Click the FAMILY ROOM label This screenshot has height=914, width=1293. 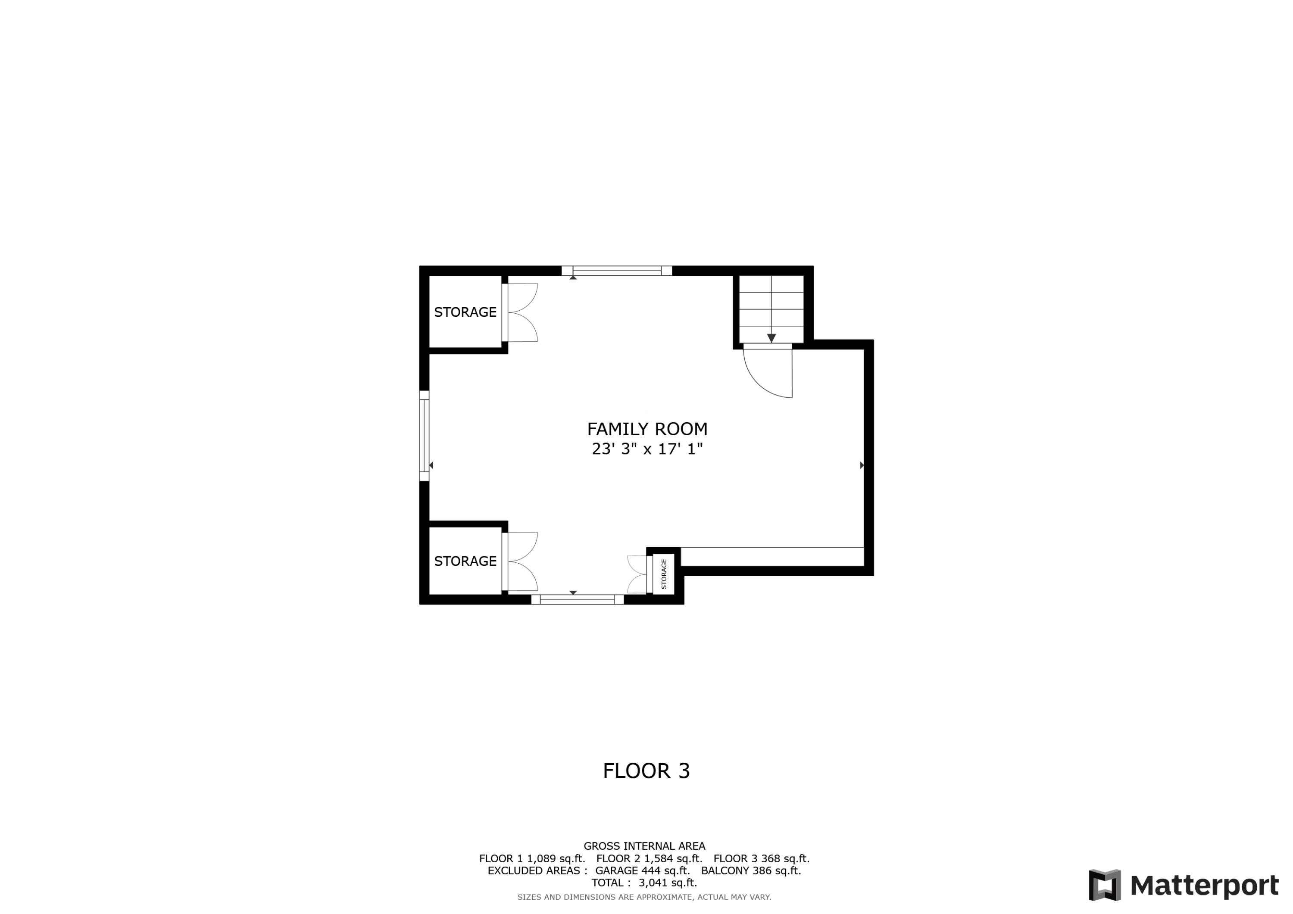647,429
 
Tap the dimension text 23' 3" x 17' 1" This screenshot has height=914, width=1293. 647,449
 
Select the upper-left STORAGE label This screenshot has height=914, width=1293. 465,312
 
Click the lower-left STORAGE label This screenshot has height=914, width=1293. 465,561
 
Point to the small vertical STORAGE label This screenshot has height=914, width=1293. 663,574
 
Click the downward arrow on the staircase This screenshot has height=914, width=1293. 771,337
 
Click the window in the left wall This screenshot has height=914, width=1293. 425,435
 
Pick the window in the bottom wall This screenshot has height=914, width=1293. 577,600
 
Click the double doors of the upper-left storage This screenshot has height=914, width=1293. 522,312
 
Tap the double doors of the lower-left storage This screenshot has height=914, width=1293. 522,562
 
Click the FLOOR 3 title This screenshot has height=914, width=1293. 646,771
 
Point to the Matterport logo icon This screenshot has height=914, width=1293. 1104,885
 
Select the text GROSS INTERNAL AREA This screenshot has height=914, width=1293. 644,846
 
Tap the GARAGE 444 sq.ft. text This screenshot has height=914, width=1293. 642,870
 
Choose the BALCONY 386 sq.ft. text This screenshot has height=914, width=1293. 751,870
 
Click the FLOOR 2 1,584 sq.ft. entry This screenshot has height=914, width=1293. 650,859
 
